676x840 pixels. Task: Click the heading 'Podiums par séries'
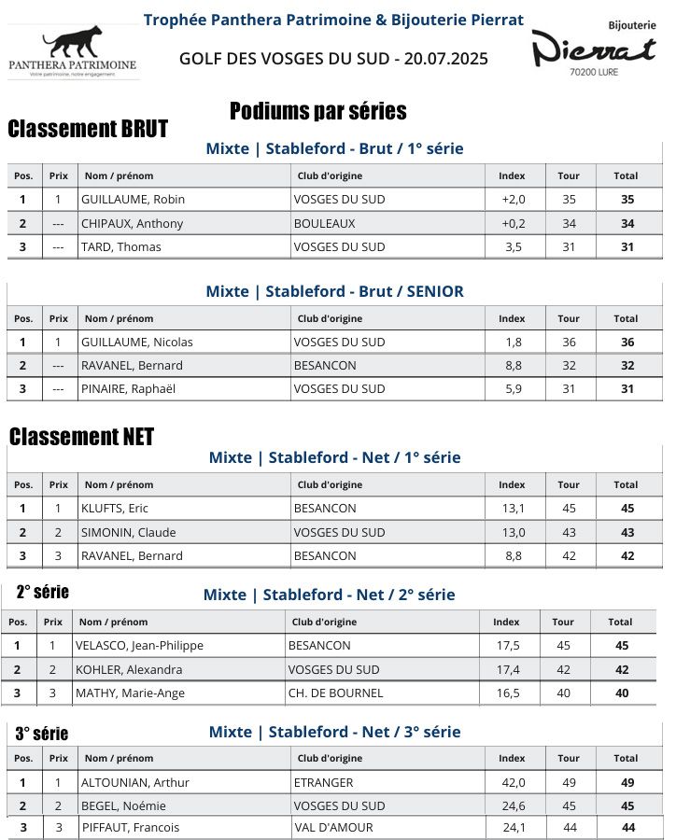tap(317, 112)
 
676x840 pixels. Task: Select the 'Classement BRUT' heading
tap(88, 129)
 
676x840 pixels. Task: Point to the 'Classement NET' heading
tap(81, 437)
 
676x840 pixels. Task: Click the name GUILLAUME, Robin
tap(133, 200)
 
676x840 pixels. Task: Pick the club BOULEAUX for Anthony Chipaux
tap(324, 224)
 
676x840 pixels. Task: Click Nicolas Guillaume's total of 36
tap(627, 343)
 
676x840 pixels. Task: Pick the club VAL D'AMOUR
tap(333, 828)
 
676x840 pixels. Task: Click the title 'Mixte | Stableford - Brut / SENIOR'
tap(334, 291)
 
